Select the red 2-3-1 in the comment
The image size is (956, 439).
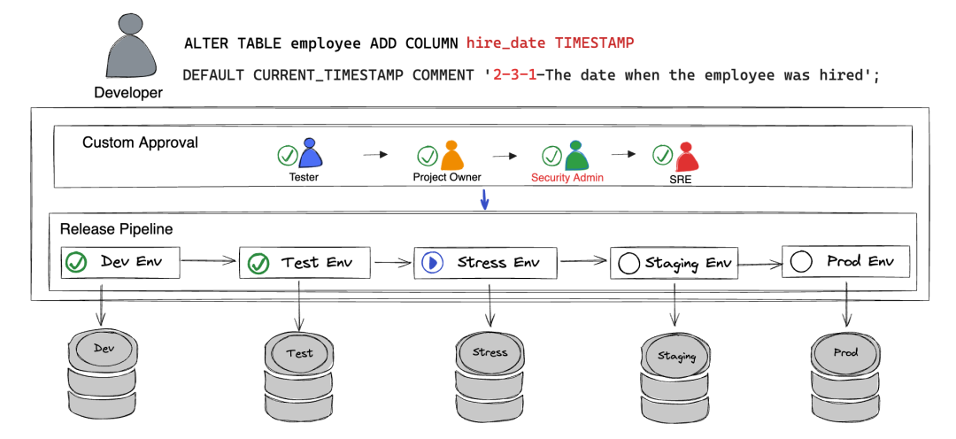coord(513,75)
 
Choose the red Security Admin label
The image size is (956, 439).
coord(567,177)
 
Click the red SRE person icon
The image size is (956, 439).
coord(685,157)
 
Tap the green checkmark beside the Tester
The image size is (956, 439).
coord(288,156)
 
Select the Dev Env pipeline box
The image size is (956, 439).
coord(122,263)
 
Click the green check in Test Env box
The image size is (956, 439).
coord(258,263)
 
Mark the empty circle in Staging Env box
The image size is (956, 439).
coord(629,263)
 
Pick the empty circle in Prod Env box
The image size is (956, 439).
coord(801,262)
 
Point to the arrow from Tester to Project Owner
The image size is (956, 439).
coord(375,155)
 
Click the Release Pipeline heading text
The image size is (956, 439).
coord(116,229)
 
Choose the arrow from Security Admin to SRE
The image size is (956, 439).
coord(624,154)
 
